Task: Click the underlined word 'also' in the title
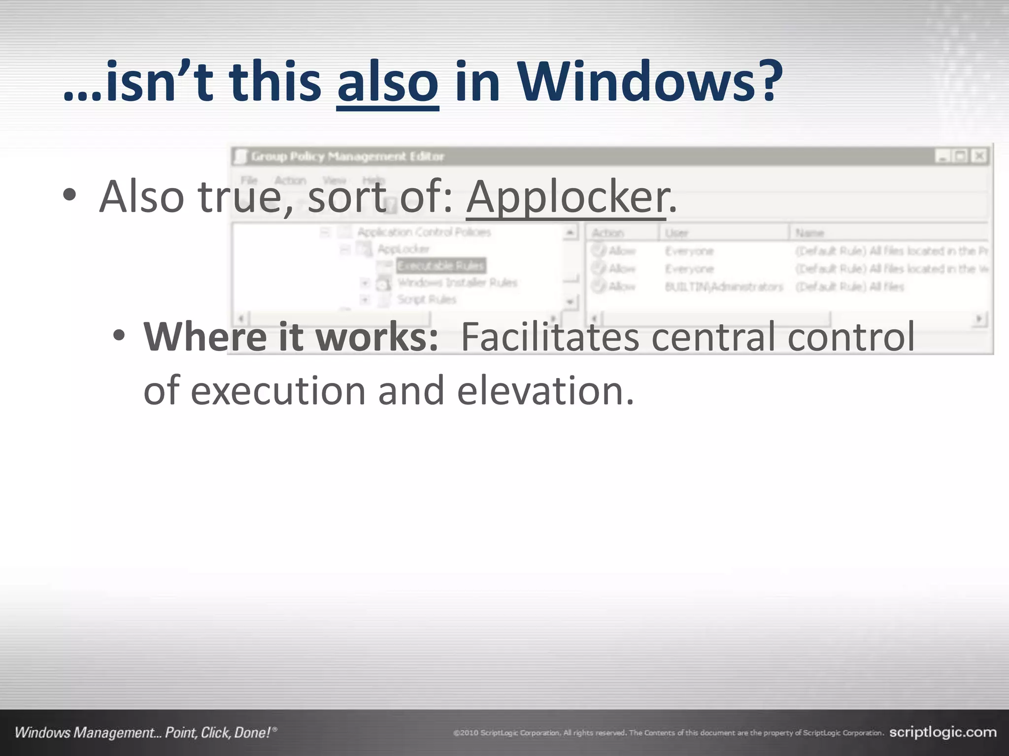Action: tap(388, 82)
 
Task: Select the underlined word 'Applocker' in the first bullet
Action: tap(567, 197)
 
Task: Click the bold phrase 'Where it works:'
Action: tap(291, 337)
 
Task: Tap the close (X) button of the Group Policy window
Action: tap(979, 157)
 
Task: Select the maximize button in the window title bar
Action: tap(961, 157)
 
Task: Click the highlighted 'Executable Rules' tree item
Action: tap(440, 266)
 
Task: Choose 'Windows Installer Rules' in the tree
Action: tap(457, 283)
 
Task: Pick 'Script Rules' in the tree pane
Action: tap(427, 299)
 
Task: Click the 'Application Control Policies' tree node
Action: tap(424, 232)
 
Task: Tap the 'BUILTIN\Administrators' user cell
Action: tap(723, 286)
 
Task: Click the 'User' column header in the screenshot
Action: tap(676, 233)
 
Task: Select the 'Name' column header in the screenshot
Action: tap(809, 233)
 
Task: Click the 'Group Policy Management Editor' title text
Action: tap(347, 157)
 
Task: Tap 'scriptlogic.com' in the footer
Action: tap(942, 732)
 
